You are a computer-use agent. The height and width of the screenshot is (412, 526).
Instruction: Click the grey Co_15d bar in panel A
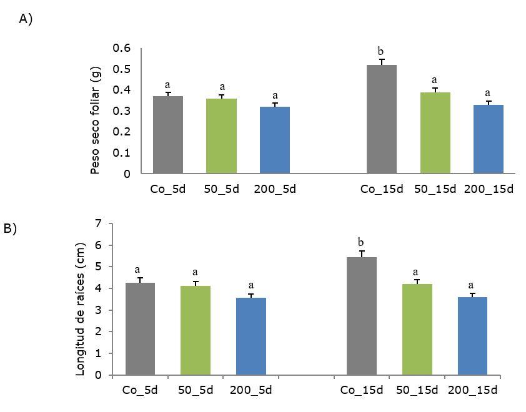coord(381,119)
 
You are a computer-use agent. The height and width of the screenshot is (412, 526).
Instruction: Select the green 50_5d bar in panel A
coord(222,136)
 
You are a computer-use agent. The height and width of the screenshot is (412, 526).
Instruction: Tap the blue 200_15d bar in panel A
coord(489,139)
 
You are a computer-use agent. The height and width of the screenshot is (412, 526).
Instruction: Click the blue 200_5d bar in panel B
coord(251,336)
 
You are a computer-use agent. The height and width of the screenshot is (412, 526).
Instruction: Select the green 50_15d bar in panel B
coord(417,330)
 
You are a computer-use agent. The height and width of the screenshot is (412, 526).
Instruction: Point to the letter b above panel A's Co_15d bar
coord(380,51)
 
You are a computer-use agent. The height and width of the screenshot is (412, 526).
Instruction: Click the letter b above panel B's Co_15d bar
coord(361,242)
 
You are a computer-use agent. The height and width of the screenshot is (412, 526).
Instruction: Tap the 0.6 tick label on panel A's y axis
coord(122,48)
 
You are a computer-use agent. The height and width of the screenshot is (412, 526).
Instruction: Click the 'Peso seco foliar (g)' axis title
coord(96,121)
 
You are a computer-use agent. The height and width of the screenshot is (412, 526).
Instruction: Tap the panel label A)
coord(26,19)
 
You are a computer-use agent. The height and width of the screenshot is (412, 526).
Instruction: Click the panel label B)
coord(10,228)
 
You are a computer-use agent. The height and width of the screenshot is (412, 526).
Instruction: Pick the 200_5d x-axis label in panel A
coord(275,189)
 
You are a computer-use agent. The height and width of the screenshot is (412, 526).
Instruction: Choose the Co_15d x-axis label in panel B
coord(362,391)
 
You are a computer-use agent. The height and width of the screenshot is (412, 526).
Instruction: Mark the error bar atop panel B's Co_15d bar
coord(362,253)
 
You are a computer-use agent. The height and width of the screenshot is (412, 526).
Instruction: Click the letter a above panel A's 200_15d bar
coord(489,93)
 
